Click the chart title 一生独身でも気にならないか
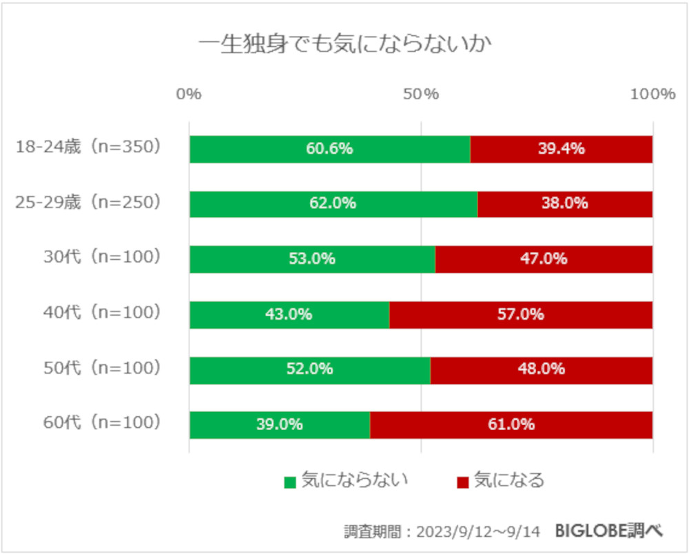coord(344,46)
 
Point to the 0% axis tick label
coord(189,94)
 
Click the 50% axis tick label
coord(421,94)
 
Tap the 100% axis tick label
coord(652,94)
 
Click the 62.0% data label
coord(333,204)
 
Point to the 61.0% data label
coord(511,425)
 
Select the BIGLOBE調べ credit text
coord(609,531)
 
